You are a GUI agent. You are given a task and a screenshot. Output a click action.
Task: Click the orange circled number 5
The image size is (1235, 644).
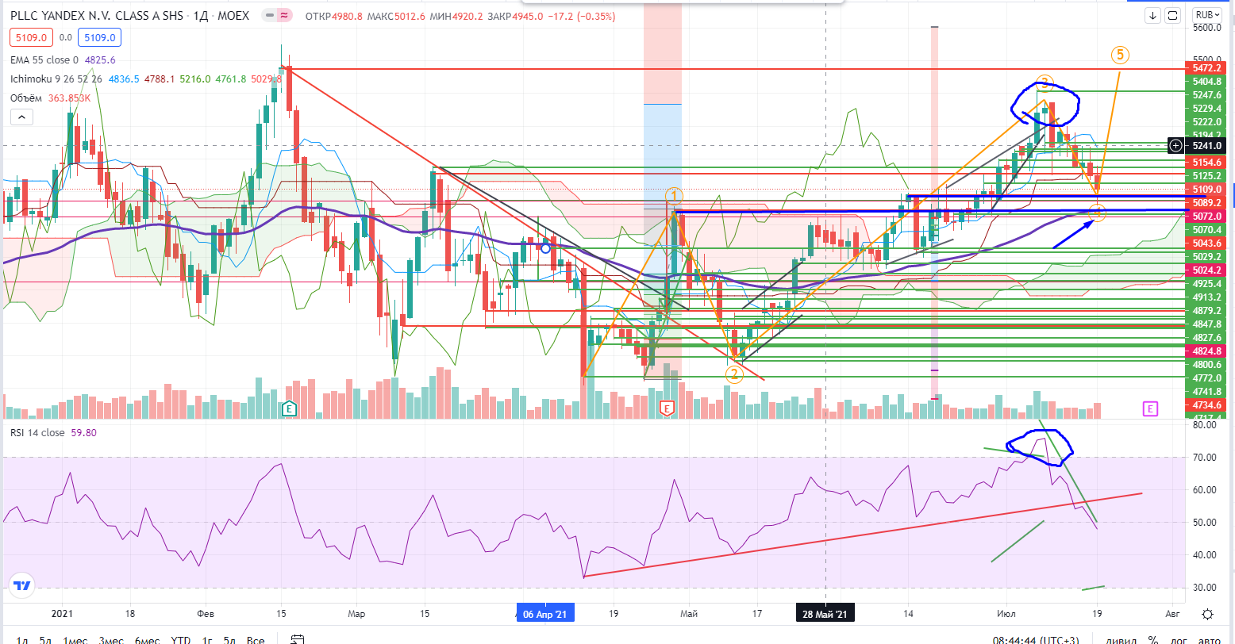(x=1120, y=55)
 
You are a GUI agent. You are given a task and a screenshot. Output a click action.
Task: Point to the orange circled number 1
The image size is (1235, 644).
(x=673, y=196)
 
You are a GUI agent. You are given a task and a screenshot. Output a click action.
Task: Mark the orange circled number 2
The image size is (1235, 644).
(x=734, y=374)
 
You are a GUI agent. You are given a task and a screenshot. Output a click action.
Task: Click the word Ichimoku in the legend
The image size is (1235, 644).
(x=31, y=79)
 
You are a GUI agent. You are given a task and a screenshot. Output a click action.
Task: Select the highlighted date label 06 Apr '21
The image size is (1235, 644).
(x=544, y=614)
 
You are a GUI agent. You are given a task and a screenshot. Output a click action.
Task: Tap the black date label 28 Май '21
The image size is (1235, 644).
(x=825, y=614)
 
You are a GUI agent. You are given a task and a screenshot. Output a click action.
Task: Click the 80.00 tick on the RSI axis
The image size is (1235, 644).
(x=1204, y=425)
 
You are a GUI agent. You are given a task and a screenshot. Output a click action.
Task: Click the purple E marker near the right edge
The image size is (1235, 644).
(x=1150, y=408)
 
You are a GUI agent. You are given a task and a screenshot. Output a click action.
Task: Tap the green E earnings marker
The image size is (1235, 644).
(x=290, y=408)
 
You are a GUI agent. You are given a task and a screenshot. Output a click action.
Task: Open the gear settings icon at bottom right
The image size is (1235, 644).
(x=1207, y=614)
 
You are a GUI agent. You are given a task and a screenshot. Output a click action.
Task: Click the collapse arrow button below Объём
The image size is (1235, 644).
(x=21, y=117)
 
